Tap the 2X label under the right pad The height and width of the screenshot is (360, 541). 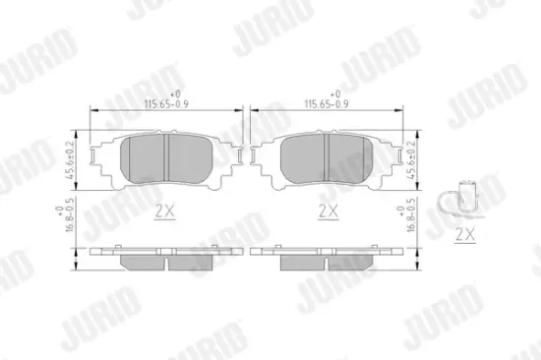329,210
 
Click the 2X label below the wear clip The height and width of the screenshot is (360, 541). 466,236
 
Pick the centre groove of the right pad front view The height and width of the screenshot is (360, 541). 328,157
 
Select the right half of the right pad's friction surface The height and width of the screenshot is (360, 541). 351,157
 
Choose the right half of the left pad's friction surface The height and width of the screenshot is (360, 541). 191,157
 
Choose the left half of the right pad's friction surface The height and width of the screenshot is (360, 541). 304,157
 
